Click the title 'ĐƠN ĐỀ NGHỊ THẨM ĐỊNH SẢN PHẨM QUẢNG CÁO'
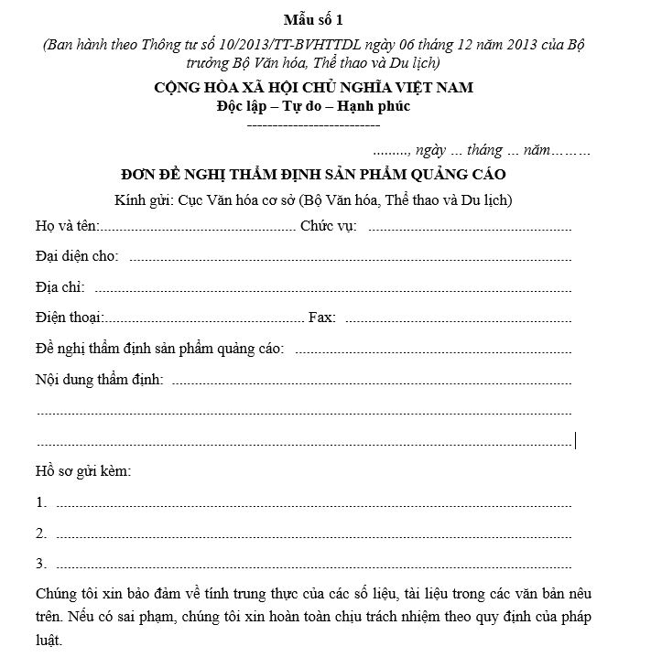pyautogui.click(x=313, y=174)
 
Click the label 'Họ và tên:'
pyautogui.click(x=67, y=226)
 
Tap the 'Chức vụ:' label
pyautogui.click(x=328, y=226)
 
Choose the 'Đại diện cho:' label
pyautogui.click(x=77, y=256)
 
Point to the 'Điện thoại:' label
pyautogui.click(x=70, y=318)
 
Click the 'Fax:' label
pyautogui.click(x=322, y=318)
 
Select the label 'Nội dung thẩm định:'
pyautogui.click(x=99, y=379)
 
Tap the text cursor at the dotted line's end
pyautogui.click(x=575, y=441)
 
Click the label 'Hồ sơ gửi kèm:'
pyautogui.click(x=82, y=471)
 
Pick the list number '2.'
pyautogui.click(x=41, y=533)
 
